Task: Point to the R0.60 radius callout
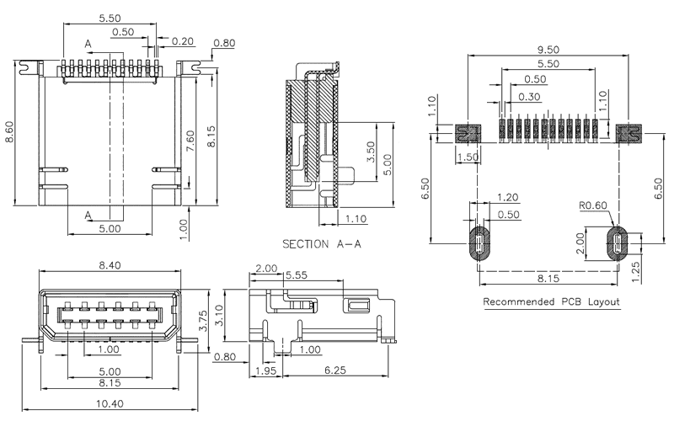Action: pyautogui.click(x=594, y=205)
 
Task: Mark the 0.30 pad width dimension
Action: pyautogui.click(x=530, y=97)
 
